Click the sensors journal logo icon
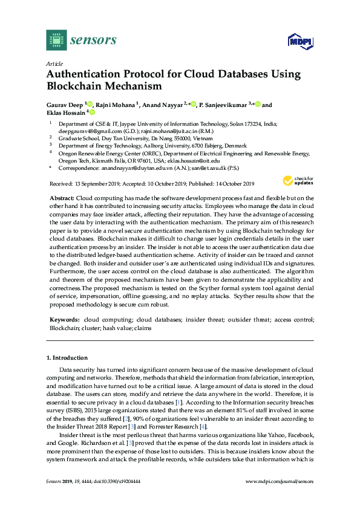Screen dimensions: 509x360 (x=56, y=41)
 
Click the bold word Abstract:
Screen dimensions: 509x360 (x=62, y=198)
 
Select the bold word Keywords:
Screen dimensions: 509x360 (x=64, y=319)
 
